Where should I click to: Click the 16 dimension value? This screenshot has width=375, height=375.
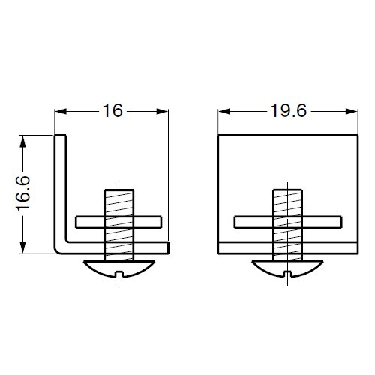coord(112,111)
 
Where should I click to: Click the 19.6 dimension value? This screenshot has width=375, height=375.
coord(289,111)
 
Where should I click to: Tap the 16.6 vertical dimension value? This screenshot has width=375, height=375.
coord(23,193)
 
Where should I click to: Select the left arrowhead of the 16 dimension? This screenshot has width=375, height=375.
coord(61,111)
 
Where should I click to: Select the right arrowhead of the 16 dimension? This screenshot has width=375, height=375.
coord(162,111)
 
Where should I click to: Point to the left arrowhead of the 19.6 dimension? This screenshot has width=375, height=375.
coord(224,111)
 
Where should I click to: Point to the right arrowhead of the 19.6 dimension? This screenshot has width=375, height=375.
coord(352,111)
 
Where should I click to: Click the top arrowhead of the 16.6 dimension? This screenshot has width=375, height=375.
coord(22,142)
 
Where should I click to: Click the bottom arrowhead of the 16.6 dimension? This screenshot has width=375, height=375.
coord(22,247)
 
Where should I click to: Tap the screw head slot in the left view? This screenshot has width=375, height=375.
coord(119,274)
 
